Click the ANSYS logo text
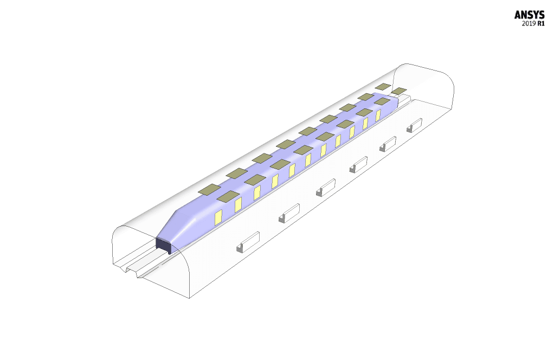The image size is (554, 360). coord(529,15)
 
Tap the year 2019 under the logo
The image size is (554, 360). coord(529,24)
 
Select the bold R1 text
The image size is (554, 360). coord(541,24)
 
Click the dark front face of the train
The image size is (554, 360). coord(164,245)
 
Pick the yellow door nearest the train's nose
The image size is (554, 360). coord(218,217)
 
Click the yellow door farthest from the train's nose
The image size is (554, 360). coord(378,115)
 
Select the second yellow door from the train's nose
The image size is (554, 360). coord(238,205)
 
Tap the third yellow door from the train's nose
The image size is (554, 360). coord(257,193)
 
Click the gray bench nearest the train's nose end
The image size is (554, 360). coord(248,242)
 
